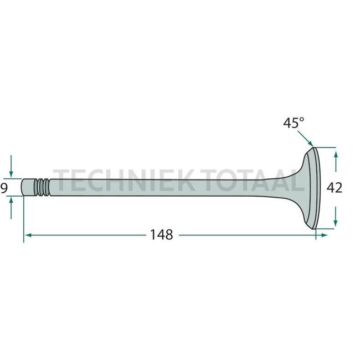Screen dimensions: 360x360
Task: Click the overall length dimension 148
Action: click(162, 235)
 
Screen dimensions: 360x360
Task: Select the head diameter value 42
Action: click(335, 188)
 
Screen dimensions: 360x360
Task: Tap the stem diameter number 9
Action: click(4, 188)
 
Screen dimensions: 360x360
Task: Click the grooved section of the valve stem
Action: click(42, 187)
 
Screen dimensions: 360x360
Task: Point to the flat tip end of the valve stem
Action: click(24, 187)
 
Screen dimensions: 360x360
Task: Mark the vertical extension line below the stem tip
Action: click(24, 219)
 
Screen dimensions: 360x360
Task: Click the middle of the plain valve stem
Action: click(166, 187)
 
